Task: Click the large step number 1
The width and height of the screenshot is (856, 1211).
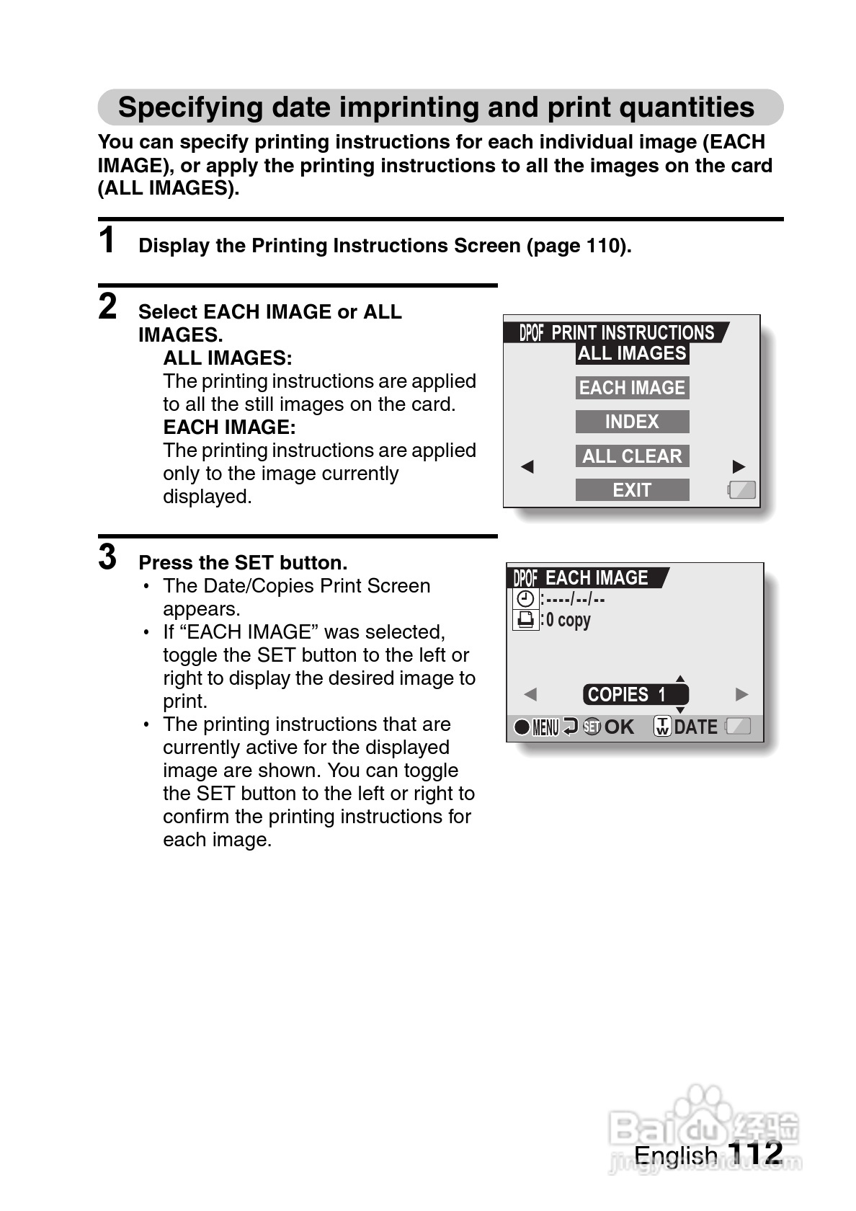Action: pos(107,241)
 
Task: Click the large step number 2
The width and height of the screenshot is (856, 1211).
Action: pos(107,306)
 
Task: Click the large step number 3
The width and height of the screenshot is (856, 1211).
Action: pos(107,557)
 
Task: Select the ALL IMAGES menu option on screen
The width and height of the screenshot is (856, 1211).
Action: pos(632,353)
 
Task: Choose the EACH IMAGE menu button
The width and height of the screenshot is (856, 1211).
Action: pos(632,388)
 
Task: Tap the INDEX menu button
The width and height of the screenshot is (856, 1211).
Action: pos(632,422)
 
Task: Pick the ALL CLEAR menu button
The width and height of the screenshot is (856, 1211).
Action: pos(632,456)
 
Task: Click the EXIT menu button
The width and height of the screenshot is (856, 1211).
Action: pos(632,490)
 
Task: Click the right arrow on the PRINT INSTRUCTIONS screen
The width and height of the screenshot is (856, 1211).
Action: pos(739,466)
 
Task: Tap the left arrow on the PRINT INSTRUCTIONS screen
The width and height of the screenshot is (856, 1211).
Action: pos(527,466)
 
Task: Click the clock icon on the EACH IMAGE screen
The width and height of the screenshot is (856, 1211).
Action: pos(526,599)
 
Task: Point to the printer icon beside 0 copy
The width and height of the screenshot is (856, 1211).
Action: pos(526,620)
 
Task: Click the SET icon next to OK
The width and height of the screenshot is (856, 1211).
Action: pos(592,727)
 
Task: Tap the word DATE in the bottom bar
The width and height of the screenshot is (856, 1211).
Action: pos(695,727)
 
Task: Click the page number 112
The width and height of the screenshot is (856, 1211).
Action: pos(755,1153)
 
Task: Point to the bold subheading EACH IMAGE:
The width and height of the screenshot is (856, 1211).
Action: pos(229,427)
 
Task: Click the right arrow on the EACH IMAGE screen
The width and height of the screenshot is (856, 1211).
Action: pos(741,695)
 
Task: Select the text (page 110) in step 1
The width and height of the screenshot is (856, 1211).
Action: pos(579,246)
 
